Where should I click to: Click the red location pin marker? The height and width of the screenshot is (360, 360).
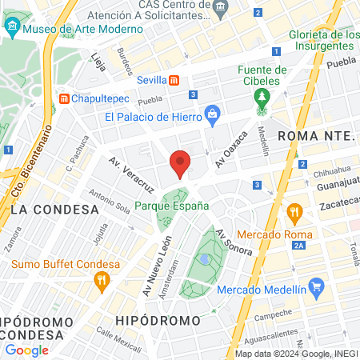click(x=181, y=162)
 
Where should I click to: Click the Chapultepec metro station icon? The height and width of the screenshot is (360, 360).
click(x=63, y=99)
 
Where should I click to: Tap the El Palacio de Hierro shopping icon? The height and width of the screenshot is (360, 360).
click(x=211, y=117)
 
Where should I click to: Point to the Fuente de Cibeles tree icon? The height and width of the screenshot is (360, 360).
click(x=262, y=98)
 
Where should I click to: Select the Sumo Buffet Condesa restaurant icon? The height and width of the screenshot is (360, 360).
click(x=101, y=280)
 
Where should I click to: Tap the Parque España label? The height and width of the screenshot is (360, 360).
click(x=171, y=206)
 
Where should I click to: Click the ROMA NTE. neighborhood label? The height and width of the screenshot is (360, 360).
click(x=314, y=136)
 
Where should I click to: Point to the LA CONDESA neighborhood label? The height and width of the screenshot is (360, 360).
click(x=55, y=209)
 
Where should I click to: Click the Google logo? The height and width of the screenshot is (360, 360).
click(x=26, y=350)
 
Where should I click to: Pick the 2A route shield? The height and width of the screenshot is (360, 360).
click(x=298, y=246)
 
